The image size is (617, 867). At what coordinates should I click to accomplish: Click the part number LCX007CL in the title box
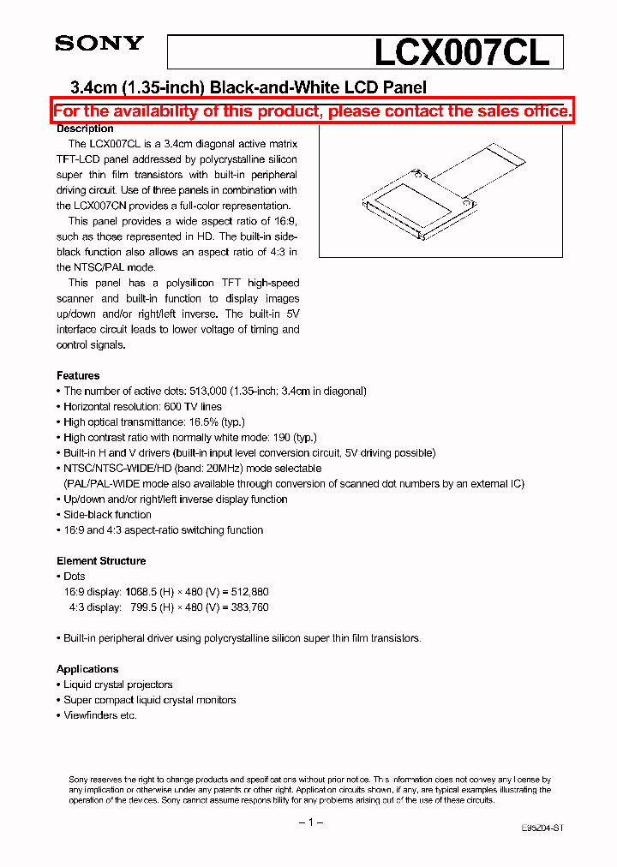coord(460,53)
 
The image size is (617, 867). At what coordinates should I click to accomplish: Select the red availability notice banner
coord(313,111)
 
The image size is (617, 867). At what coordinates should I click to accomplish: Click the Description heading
coord(85,129)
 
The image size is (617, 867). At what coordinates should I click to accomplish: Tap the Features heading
coord(78,375)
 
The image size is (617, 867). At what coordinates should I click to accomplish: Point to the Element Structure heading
coord(101,561)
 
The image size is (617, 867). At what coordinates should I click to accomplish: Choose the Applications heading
coord(87,669)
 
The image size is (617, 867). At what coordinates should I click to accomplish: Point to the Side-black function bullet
coord(107,515)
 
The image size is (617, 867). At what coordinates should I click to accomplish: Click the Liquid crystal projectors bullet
coord(118,685)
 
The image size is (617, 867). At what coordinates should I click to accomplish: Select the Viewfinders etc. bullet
coord(100,715)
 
